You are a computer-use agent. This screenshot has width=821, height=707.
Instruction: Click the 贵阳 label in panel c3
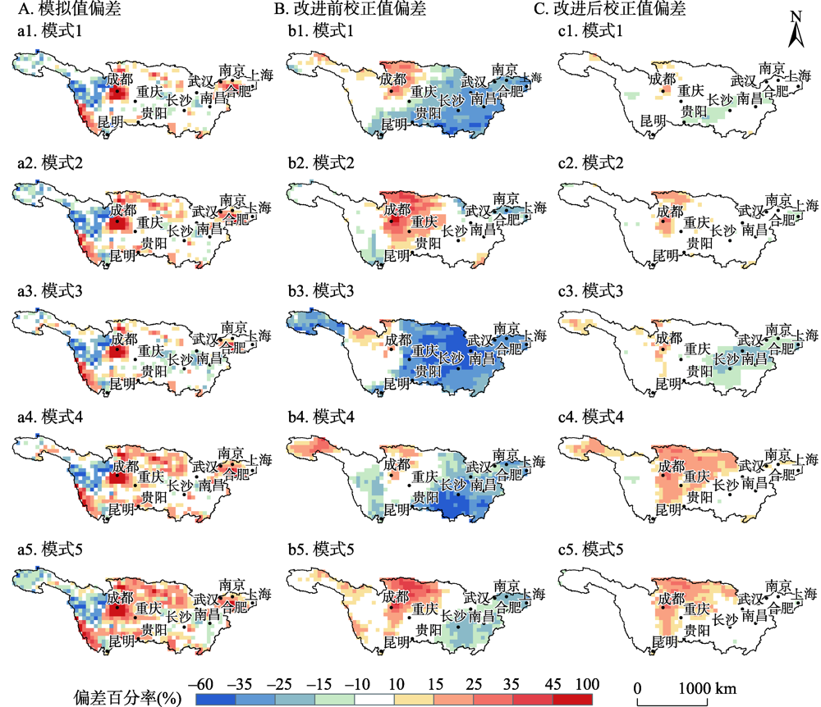[x=695, y=372]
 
